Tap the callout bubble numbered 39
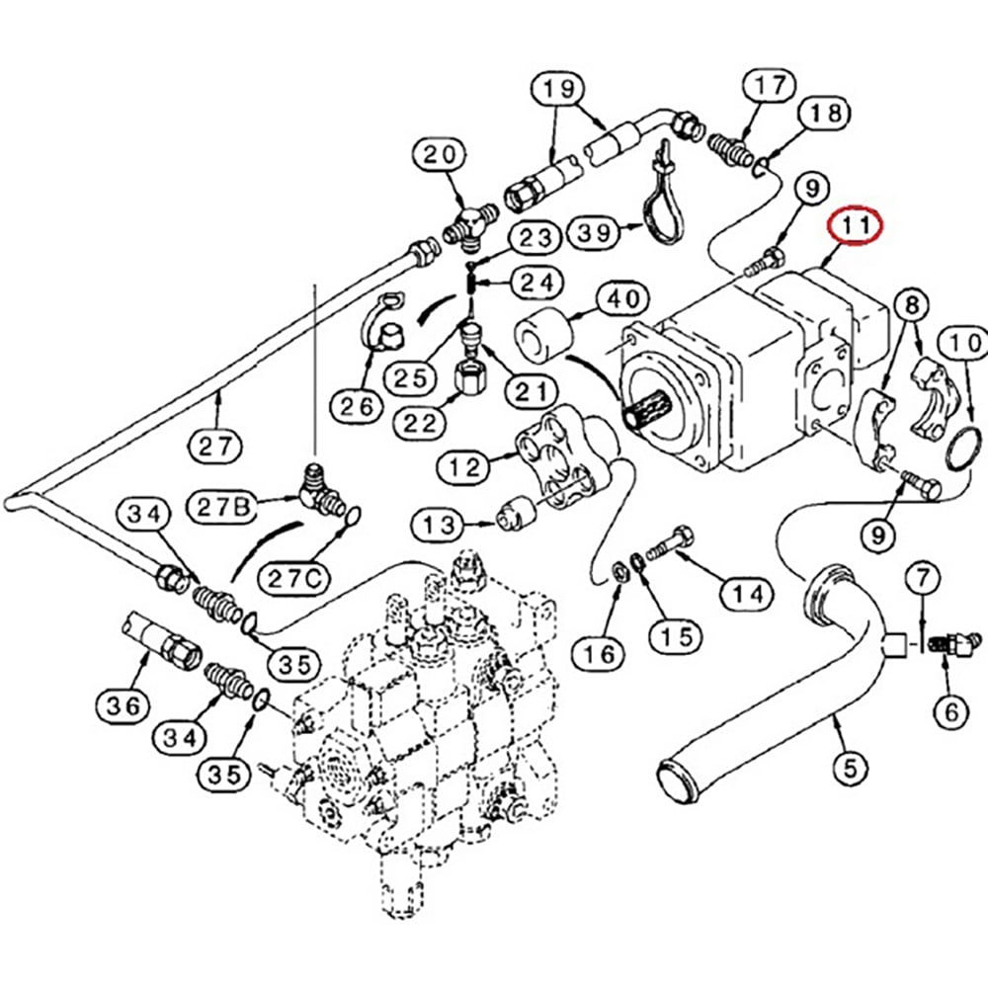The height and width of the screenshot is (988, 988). click(594, 233)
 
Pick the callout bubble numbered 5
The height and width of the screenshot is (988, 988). click(849, 766)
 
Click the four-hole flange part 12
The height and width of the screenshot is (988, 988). click(558, 464)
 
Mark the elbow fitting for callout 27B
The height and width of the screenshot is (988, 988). click(321, 489)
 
